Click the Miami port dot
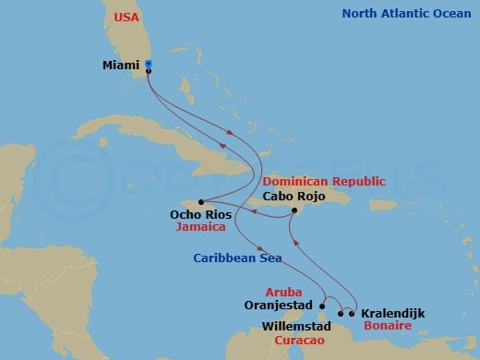tap(149, 65)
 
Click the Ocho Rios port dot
tap(201, 202)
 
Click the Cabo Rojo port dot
tap(294, 211)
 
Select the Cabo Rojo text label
tap(293, 196)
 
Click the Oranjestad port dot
tap(322, 304)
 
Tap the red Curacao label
tap(297, 340)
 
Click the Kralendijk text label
tap(393, 314)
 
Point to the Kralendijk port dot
tap(352, 313)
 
